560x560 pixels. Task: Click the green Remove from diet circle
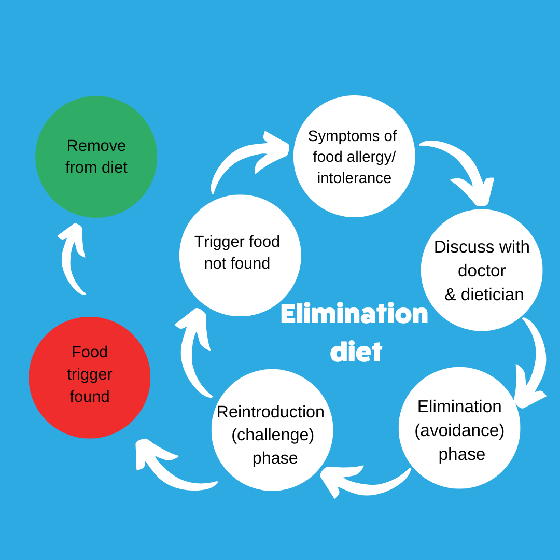pos(96,157)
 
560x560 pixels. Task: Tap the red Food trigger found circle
pos(90,377)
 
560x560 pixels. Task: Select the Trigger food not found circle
pos(240,255)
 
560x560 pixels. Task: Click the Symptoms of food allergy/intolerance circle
pos(354,157)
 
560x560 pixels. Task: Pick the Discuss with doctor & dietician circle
pos(482,270)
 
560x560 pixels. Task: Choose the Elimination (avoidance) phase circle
pos(459,428)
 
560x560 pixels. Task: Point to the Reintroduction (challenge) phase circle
pos(272,430)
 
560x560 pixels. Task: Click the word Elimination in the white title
pos(354,315)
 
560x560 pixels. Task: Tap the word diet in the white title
pos(356,352)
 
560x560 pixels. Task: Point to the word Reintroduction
pos(270,412)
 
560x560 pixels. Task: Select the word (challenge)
pos(273,435)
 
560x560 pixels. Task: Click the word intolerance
pos(354,178)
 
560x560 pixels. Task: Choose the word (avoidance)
pos(459,430)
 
